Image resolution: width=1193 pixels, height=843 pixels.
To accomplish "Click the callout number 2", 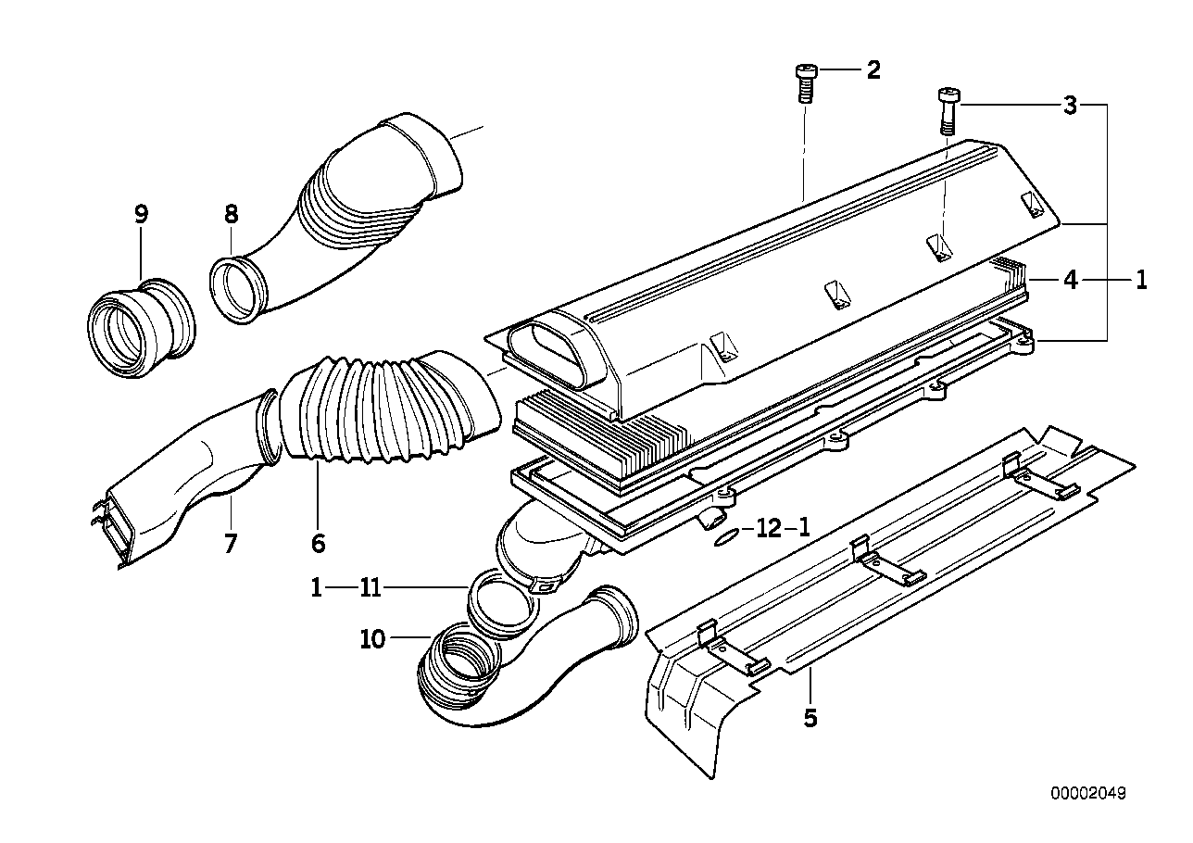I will point(873,70).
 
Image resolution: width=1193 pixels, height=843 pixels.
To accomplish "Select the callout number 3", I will point(1070,106).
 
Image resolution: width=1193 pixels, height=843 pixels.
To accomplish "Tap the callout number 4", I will point(1070,279).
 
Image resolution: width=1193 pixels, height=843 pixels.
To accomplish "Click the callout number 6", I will point(318,543).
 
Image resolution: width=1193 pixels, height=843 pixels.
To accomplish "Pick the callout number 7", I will point(230,543).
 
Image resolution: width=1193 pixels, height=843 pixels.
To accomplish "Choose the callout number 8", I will point(230,215).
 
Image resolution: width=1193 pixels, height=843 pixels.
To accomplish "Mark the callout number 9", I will point(141,215).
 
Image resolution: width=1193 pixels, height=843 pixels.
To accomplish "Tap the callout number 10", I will point(372,639).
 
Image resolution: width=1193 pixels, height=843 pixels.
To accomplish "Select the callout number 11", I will point(370,587).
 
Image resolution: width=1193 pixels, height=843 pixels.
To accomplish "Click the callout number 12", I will point(768,529).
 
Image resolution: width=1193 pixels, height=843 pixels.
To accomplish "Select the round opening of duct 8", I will point(238,291).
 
